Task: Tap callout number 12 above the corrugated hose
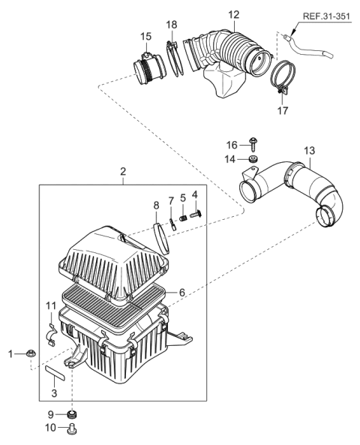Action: (235, 14)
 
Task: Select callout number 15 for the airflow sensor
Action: (145, 36)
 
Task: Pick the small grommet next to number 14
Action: (253, 160)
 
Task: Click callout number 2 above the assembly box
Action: (124, 172)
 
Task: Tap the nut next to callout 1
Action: (28, 352)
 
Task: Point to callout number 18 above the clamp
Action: (172, 24)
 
